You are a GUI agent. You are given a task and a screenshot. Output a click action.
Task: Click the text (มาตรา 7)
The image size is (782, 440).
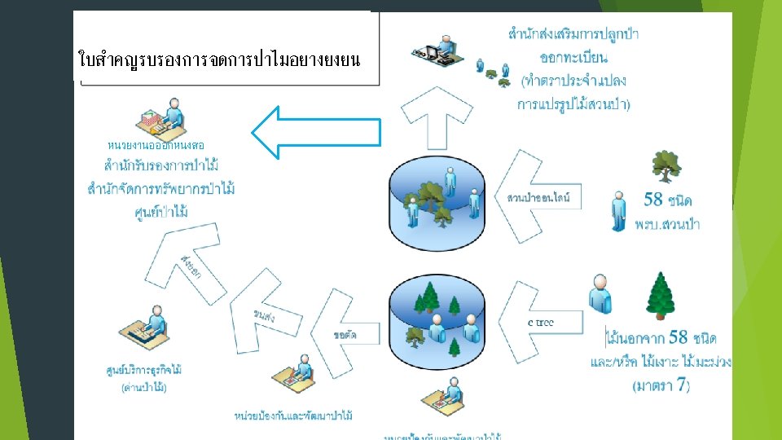coord(661,386)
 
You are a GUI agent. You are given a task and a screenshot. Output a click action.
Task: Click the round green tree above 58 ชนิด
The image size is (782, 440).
coord(666,167)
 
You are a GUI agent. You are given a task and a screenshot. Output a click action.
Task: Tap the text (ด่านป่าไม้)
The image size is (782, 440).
coord(144,388)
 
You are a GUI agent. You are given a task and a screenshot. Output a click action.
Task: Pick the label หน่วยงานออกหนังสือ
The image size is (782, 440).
coord(156,144)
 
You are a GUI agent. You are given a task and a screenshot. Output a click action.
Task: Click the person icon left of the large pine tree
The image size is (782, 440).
coord(600,293)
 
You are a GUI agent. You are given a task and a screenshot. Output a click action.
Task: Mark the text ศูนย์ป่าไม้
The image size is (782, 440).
coord(161,213)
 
